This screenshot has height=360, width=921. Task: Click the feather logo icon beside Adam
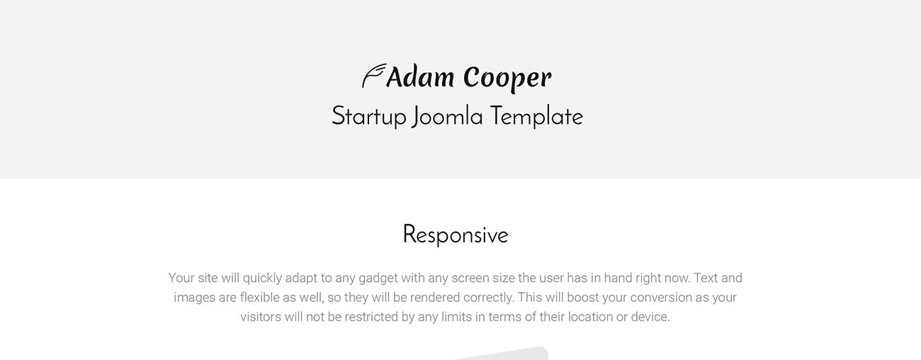click(373, 76)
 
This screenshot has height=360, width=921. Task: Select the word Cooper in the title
click(507, 78)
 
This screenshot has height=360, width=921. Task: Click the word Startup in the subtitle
click(368, 117)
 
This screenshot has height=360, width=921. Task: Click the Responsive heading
click(455, 235)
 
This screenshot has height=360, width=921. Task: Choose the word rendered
click(433, 298)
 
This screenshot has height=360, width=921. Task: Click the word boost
click(579, 298)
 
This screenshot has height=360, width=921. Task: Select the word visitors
click(261, 317)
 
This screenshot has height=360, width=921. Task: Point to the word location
click(590, 317)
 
